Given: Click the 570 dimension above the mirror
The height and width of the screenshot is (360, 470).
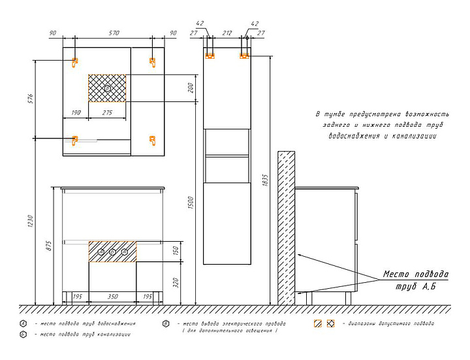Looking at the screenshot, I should point(114,33).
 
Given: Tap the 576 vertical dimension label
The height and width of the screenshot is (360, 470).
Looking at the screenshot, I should point(30,99).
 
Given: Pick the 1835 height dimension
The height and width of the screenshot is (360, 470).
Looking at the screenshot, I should point(264,180).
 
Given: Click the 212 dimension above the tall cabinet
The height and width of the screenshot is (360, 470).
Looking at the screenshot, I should point(227,33).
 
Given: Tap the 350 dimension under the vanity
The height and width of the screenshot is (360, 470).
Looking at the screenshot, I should point(112,297).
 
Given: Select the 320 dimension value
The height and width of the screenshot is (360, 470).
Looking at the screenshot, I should point(176,283).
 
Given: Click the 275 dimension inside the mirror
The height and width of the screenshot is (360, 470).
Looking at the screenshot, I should point(108,113).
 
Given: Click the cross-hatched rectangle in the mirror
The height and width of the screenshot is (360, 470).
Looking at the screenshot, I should point(108,88).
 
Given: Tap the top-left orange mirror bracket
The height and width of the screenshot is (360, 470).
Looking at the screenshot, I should point(74,62).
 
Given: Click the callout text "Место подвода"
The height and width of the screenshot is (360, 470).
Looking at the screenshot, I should point(415,274).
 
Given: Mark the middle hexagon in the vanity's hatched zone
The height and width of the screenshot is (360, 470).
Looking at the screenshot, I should point(112,252).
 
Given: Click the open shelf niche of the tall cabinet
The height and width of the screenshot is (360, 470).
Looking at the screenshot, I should point(227,142).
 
